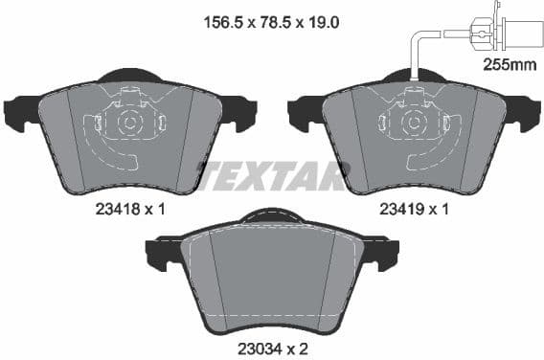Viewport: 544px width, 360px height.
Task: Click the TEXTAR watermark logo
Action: tap(271, 175)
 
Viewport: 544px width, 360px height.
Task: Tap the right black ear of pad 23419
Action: tap(525, 115)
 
